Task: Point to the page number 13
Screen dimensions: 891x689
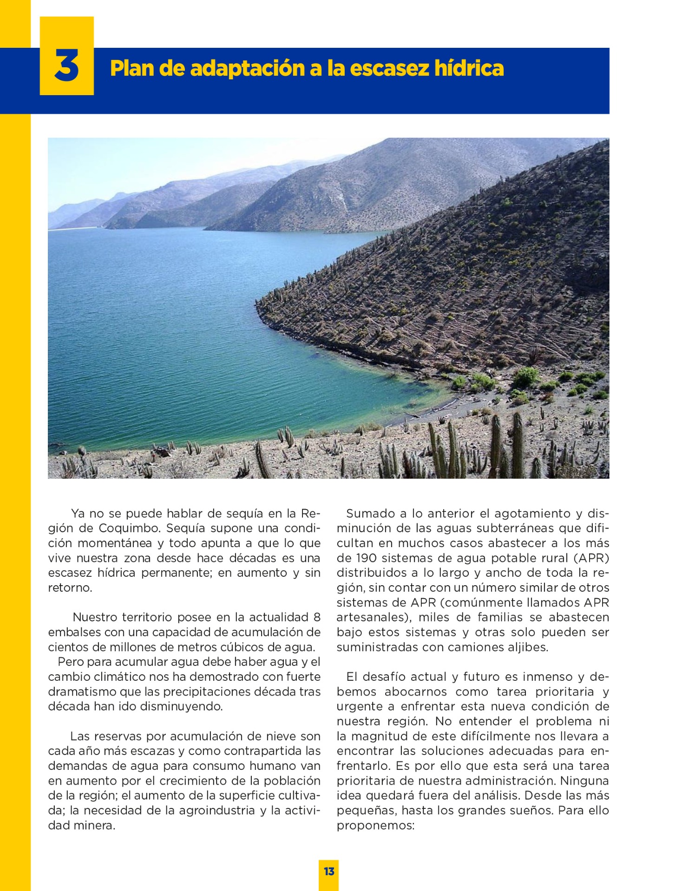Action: click(329, 871)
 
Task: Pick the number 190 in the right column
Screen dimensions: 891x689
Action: click(366, 558)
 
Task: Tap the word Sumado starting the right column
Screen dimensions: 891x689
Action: click(369, 513)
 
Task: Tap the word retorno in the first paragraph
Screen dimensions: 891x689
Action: click(69, 588)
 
